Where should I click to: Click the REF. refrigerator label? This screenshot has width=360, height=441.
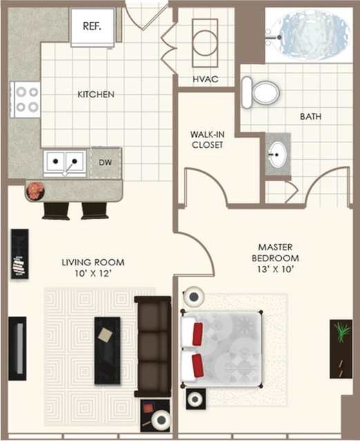pos(92,26)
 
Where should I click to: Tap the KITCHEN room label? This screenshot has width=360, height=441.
pos(95,94)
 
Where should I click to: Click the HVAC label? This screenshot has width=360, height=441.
pos(205,79)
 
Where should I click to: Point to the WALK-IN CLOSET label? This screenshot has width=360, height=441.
pos(208,140)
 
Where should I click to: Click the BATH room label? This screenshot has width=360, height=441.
pos(310,117)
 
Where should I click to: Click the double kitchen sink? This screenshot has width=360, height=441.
pos(64,163)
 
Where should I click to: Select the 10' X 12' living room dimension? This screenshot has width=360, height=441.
pos(93,274)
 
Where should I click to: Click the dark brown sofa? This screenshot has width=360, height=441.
pos(152,346)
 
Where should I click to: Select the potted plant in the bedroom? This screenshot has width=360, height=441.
pos(341,332)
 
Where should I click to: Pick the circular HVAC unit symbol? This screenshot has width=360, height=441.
pos(205,44)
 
